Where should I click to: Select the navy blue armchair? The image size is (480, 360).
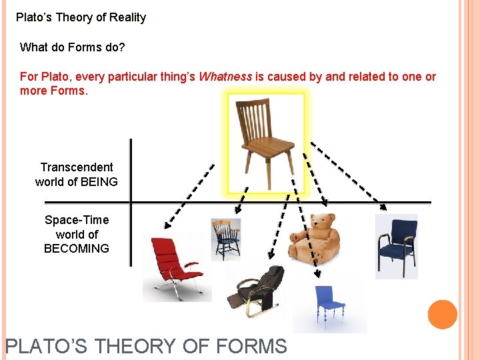point(396,245)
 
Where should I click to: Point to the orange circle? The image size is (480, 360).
point(442,315)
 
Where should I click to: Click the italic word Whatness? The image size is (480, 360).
point(225,77)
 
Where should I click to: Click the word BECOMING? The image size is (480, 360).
point(77,249)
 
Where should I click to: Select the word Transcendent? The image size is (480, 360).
point(77,167)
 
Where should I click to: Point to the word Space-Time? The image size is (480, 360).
point(77,220)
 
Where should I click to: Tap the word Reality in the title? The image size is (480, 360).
point(126,18)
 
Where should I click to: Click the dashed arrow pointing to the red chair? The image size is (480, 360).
point(190,194)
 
